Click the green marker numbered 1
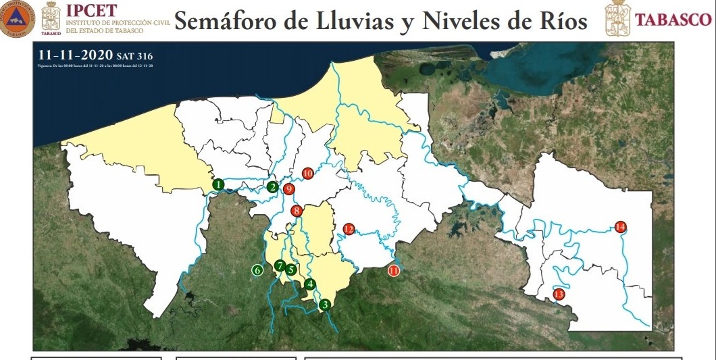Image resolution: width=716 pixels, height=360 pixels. tap(218, 184)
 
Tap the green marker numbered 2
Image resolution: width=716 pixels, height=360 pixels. tap(272, 187)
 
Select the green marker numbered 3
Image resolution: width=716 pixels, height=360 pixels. tap(325, 305)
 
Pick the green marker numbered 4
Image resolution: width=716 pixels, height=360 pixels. tap(310, 284)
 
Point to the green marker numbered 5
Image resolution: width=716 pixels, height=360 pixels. tap(291, 269)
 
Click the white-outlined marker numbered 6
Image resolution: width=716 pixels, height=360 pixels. tap(257, 270)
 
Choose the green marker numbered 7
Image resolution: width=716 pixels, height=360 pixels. tap(280, 266)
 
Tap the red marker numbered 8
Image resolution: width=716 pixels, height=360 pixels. tap(297, 211)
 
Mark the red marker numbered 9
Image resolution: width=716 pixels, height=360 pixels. tap(288, 189)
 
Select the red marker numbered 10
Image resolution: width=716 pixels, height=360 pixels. tap(308, 174)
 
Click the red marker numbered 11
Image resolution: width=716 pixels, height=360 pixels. tap(394, 271)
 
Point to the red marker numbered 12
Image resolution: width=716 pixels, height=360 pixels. tap(349, 229)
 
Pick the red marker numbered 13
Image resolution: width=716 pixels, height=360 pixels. tap(559, 294)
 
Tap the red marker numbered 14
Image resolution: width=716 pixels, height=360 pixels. tap(621, 226)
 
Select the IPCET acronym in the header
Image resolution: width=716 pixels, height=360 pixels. tap(91, 9)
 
